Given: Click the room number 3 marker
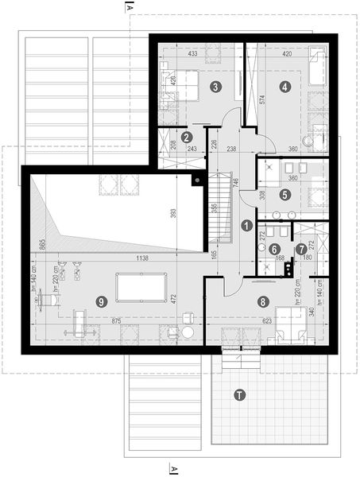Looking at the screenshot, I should tap(215, 86).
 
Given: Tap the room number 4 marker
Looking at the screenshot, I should tap(285, 86).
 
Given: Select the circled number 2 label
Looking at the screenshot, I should tap(186, 137).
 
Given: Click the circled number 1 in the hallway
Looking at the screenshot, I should tap(246, 226).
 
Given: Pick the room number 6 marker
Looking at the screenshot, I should tap(273, 249).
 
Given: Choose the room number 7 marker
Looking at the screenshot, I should tap(300, 249).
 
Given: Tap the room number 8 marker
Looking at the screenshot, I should tap(263, 301).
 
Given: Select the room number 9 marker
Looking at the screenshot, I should tap(100, 301).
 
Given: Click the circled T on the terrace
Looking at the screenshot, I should tap(238, 394).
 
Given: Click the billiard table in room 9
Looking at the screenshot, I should tap(138, 287).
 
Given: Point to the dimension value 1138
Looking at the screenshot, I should tap(142, 258).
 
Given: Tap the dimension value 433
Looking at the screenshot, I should tap(193, 54).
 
